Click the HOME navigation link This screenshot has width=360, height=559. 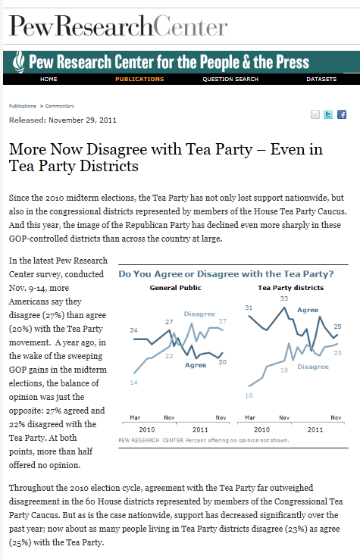pyautogui.click(x=49, y=79)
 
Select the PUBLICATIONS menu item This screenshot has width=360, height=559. pyautogui.click(x=139, y=79)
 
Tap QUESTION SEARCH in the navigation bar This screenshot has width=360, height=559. pyautogui.click(x=230, y=79)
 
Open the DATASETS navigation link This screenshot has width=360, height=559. pyautogui.click(x=321, y=79)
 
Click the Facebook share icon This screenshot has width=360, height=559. pyautogui.click(x=342, y=114)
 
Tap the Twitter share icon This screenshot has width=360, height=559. pyautogui.click(x=328, y=114)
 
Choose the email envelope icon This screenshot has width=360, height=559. pyautogui.click(x=315, y=114)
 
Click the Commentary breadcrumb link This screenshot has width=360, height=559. pyautogui.click(x=60, y=106)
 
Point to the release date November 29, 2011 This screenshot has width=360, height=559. pyautogui.click(x=83, y=120)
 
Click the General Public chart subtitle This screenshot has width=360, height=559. pyautogui.click(x=175, y=288)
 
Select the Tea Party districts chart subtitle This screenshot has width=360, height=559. pyautogui.click(x=291, y=288)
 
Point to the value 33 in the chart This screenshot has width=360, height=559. pyautogui.click(x=284, y=298)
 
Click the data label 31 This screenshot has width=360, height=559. pyautogui.click(x=249, y=308)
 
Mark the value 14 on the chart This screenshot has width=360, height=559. pyautogui.click(x=134, y=383)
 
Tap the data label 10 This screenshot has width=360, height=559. pyautogui.click(x=249, y=395)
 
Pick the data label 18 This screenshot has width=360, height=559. pyautogui.click(x=284, y=370)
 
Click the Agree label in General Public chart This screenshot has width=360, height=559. pyautogui.click(x=196, y=365)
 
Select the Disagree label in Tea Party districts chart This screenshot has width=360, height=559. pyautogui.click(x=313, y=367)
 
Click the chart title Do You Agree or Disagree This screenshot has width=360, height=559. pyautogui.click(x=226, y=274)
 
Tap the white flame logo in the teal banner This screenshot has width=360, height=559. pyautogui.click(x=18, y=61)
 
